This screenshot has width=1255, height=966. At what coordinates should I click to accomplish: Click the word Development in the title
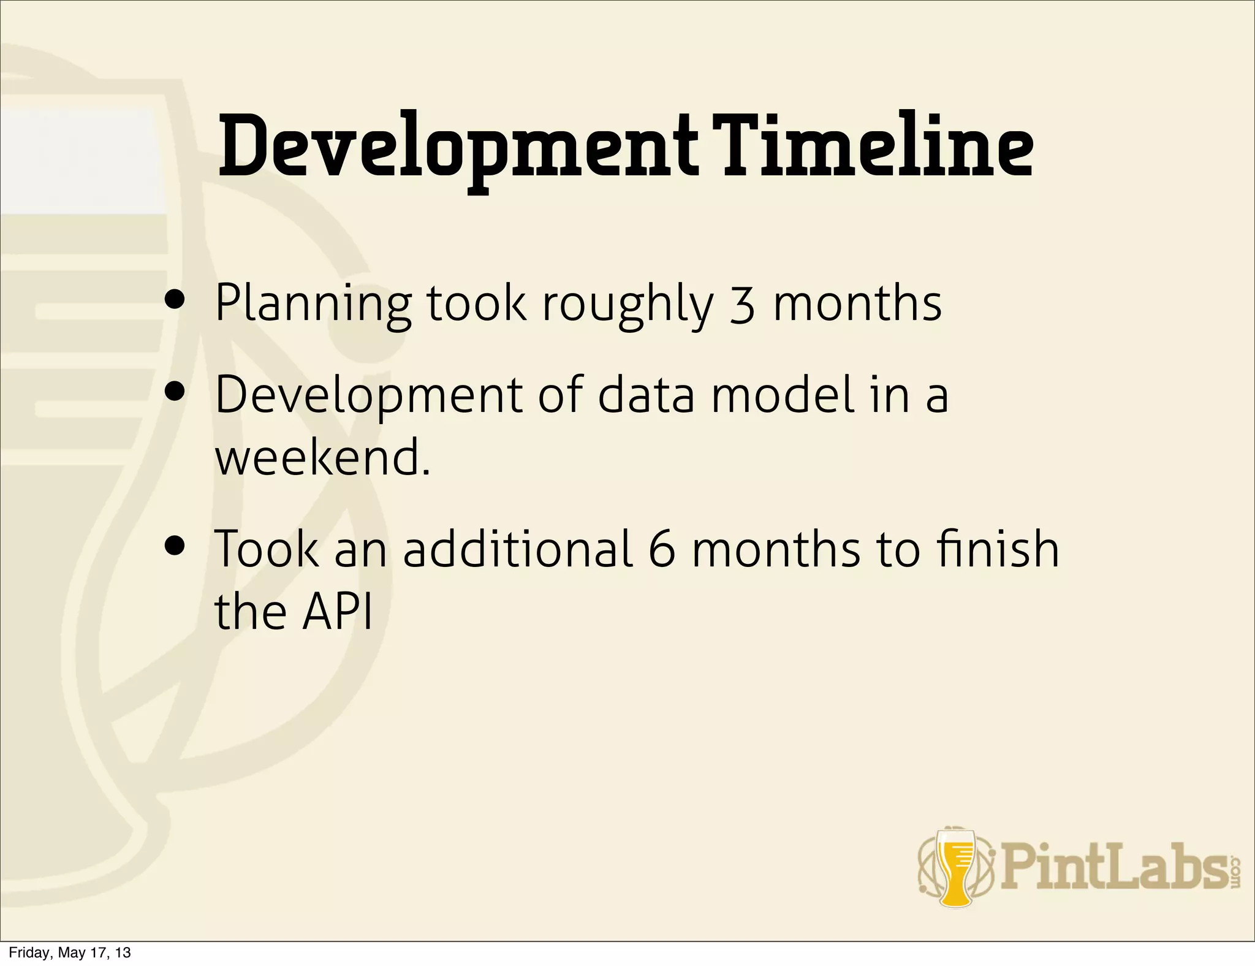click(x=457, y=150)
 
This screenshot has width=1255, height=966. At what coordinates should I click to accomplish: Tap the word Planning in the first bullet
click(x=313, y=305)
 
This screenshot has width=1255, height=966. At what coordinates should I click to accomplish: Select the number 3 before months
click(x=742, y=305)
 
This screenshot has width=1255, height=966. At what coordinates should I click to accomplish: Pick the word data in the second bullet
click(x=646, y=395)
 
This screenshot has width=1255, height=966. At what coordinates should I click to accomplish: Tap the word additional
click(x=517, y=549)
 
